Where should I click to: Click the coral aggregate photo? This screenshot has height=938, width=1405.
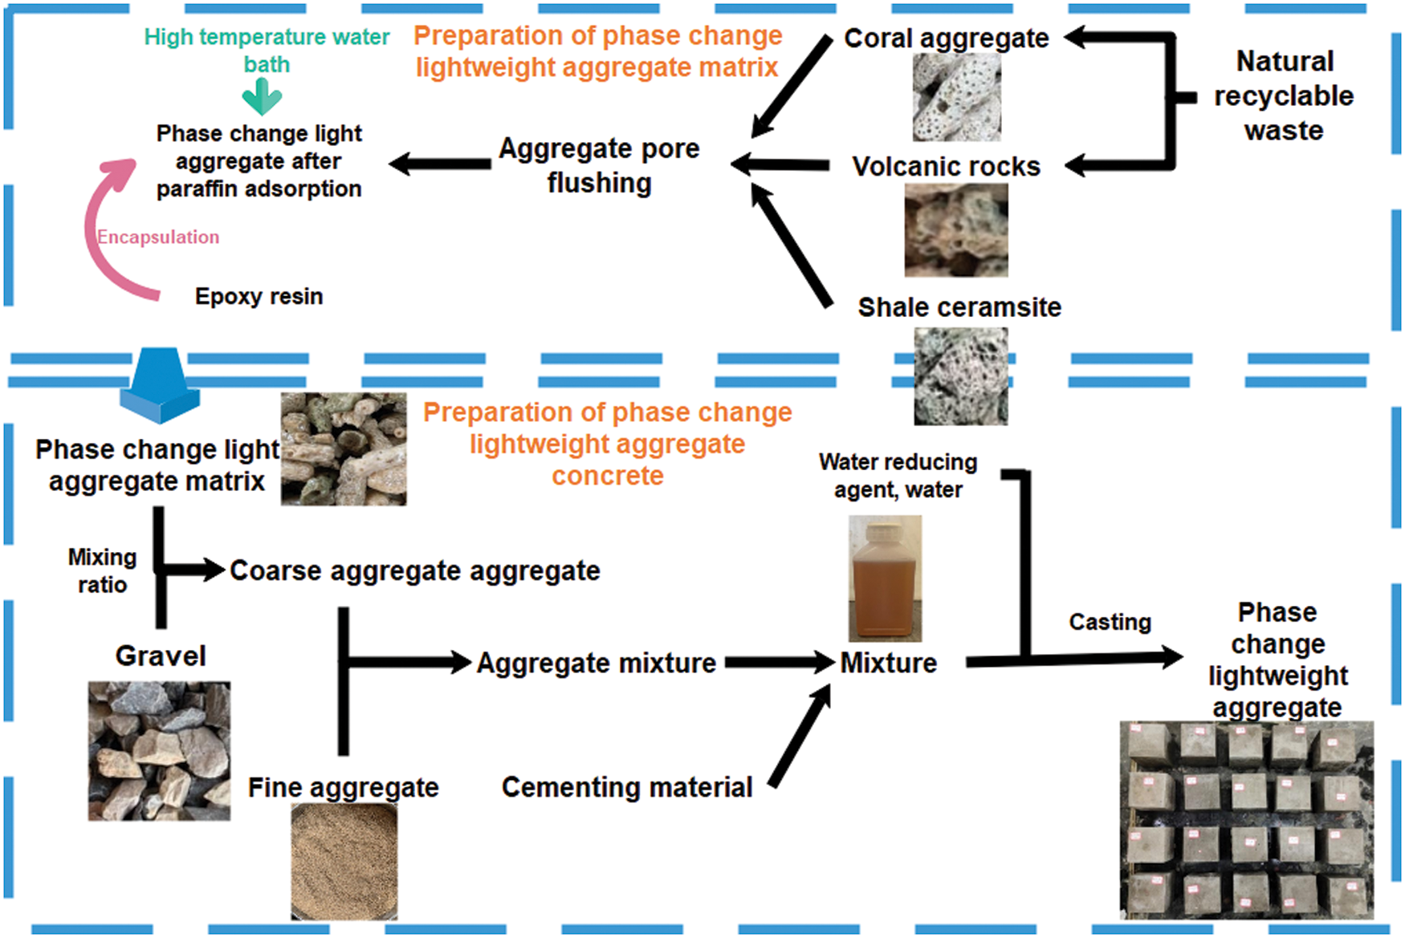tap(956, 97)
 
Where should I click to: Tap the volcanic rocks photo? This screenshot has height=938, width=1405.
tap(956, 230)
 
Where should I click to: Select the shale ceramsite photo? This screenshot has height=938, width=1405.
tap(961, 376)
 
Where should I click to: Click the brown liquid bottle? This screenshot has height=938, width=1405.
tap(885, 579)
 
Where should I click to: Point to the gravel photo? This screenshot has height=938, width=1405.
tap(159, 751)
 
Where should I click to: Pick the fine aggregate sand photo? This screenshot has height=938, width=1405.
tap(344, 861)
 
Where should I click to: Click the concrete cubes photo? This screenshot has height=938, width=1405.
tap(1247, 820)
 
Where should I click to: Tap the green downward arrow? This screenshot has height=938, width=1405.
tap(262, 97)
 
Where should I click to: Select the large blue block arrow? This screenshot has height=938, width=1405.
tap(160, 385)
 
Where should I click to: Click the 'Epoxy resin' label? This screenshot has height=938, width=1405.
tap(259, 297)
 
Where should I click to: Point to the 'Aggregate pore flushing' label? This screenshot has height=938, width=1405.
tap(599, 165)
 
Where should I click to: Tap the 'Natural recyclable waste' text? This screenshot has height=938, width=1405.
tap(1284, 95)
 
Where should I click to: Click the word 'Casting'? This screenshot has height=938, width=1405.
tap(1110, 622)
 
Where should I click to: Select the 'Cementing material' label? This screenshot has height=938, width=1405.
tap(627, 787)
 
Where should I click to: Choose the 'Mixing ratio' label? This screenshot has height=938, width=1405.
tap(102, 571)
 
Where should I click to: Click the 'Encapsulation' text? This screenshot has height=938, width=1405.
tap(158, 237)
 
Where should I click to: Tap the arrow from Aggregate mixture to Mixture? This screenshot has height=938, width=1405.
tap(780, 663)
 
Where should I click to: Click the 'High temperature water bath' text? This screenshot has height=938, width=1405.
tap(267, 50)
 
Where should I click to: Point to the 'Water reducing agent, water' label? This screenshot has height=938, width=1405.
tap(898, 476)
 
